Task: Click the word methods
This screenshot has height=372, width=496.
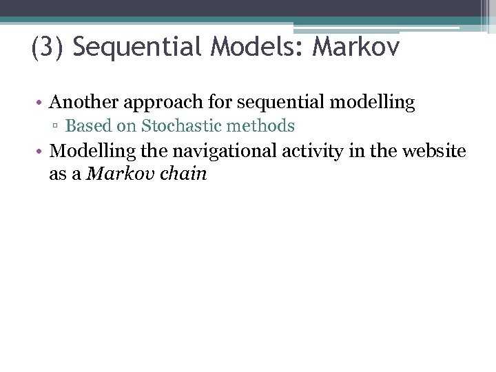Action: (265, 126)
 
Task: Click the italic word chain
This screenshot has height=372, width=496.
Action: (184, 174)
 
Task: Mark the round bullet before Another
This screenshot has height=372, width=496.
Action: (42, 103)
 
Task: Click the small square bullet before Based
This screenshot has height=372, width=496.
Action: (58, 127)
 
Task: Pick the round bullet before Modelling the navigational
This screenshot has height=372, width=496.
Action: (42, 151)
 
